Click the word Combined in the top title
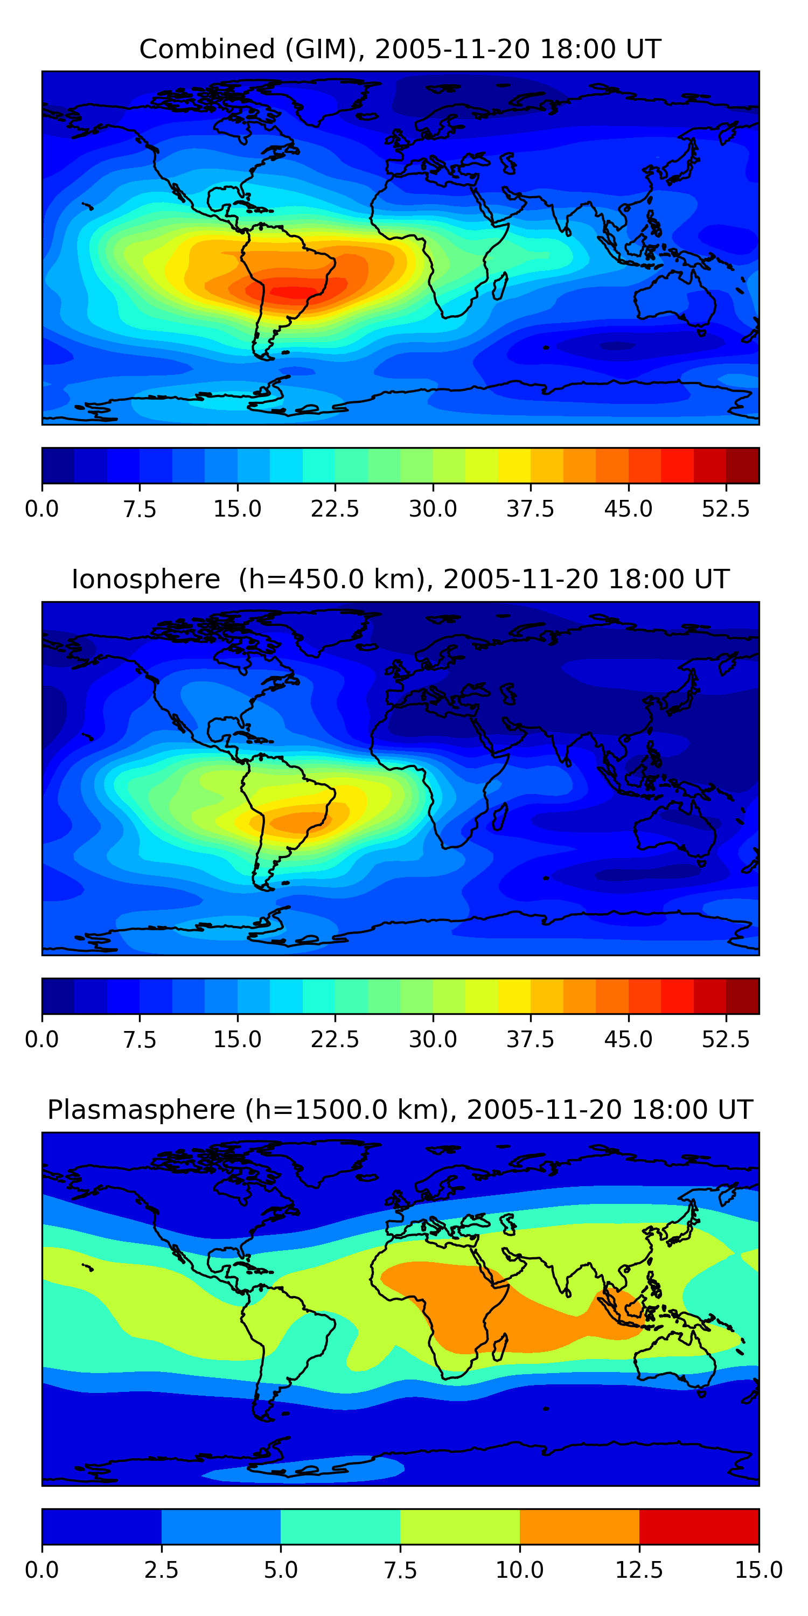207,49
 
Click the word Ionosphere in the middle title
145,579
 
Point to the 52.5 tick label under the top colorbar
725,509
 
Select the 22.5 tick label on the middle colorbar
335,1039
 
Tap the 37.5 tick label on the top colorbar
530,509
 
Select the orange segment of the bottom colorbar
579,1526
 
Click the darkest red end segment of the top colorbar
742,465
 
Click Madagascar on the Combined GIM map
500,287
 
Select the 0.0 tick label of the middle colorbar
42,1039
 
